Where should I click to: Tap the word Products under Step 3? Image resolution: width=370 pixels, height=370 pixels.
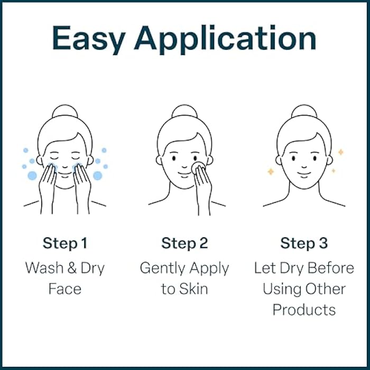click(304, 309)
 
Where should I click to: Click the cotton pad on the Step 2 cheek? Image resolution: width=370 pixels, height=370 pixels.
click(198, 166)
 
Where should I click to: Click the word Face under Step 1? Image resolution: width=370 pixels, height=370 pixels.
click(64, 289)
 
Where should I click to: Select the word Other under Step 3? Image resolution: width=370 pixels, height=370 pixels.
click(329, 289)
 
